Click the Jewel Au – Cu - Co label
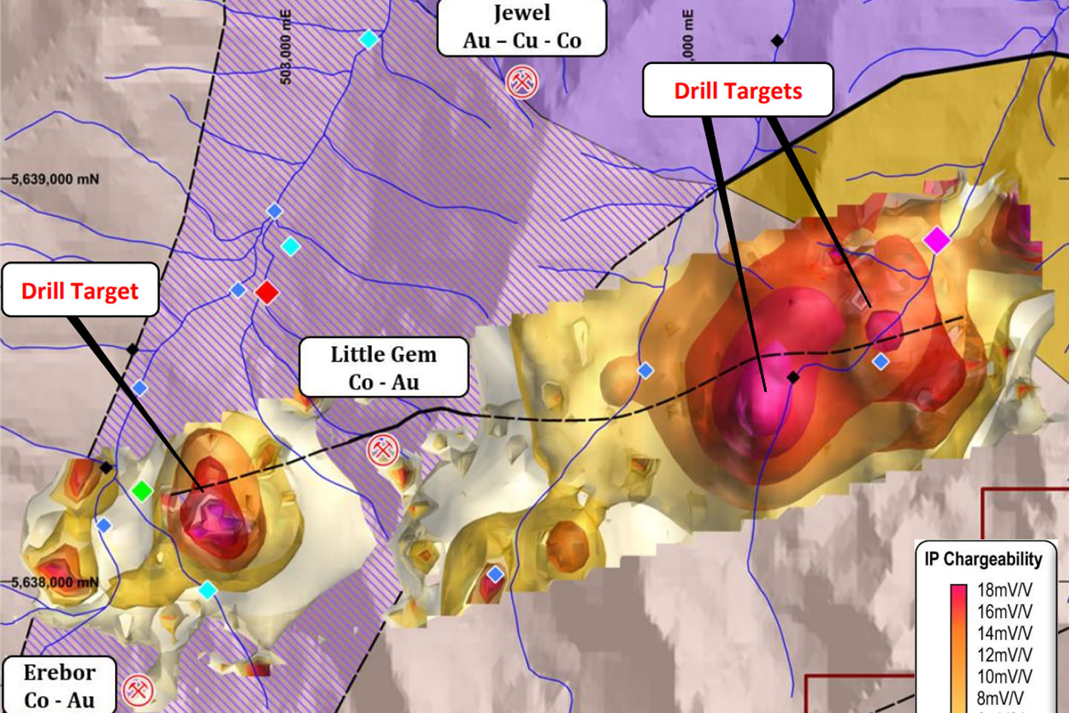point(522,27)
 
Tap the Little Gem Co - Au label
point(384,368)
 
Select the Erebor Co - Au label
point(59,686)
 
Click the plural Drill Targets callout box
point(738,91)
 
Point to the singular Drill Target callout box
point(80,290)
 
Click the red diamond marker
point(267,292)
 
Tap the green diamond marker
point(142,491)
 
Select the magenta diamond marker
point(936,240)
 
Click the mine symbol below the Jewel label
point(522,82)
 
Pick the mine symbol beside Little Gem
point(383,449)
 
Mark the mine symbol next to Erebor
point(138,690)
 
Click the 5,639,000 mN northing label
point(55,179)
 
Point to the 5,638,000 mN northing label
point(55,582)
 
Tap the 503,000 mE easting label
point(286,46)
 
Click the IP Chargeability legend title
point(984,559)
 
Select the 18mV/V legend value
point(1004,590)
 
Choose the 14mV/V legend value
point(1004,634)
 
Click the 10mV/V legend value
point(1004,677)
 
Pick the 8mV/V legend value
point(1001,698)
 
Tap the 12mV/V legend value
point(1004,655)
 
